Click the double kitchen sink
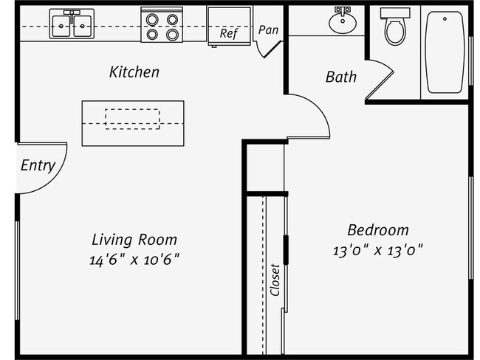[x=72, y=25]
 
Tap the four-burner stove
[x=161, y=26]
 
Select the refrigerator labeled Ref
[x=228, y=27]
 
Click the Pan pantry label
[x=268, y=30]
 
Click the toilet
[x=394, y=28]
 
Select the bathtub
[x=445, y=51]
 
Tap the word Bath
[x=340, y=77]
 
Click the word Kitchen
[x=134, y=72]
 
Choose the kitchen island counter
[x=133, y=122]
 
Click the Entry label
[x=37, y=165]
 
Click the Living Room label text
[x=134, y=240]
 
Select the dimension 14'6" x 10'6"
[x=134, y=259]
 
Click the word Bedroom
[x=377, y=229]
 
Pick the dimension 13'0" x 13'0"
[x=377, y=249]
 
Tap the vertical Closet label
[x=275, y=280]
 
